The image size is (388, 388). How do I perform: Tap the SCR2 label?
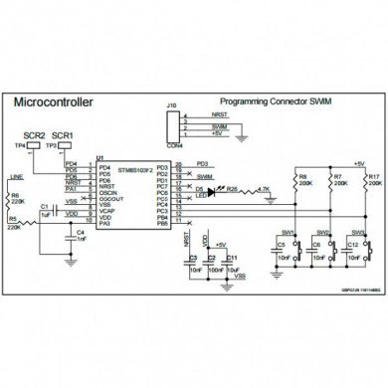(36, 134)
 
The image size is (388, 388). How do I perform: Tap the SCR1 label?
(63, 134)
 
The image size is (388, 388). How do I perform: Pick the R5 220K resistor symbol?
(23, 222)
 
